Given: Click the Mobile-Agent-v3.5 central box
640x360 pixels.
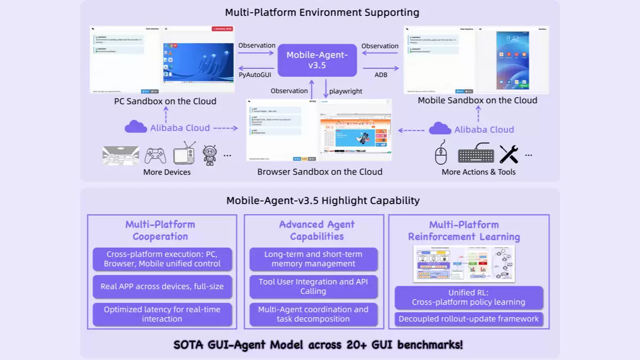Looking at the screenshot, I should tap(317, 60).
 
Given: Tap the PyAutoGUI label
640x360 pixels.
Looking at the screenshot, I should tap(255, 75).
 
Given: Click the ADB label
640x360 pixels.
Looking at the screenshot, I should tap(381, 75).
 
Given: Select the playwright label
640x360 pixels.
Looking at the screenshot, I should tap(346, 91).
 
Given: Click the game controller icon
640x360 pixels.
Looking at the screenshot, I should tap(155, 155).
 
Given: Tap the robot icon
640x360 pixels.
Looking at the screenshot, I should tap(210, 155).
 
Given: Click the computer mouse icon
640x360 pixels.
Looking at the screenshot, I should tap(441, 155).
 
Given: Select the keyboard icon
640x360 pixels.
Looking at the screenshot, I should tap(476, 155).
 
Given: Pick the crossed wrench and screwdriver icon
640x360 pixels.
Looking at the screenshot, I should tap(509, 154).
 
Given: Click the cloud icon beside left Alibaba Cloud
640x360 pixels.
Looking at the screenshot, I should tap(135, 127).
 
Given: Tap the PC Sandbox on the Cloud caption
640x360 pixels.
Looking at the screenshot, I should tap(165, 101).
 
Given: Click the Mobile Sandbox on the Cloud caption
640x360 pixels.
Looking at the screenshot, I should tap(477, 100).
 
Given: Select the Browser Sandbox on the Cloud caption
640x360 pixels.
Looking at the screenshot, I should tap(319, 172).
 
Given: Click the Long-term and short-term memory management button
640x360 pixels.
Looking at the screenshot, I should tap(313, 259).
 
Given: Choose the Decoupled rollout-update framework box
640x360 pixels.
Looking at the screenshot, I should tap(469, 319).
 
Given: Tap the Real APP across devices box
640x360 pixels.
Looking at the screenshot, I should tap(162, 286).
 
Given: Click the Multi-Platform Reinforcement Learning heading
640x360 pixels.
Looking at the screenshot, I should tap(464, 231).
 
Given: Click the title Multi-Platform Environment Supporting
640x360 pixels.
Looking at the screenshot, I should tap(322, 12).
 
